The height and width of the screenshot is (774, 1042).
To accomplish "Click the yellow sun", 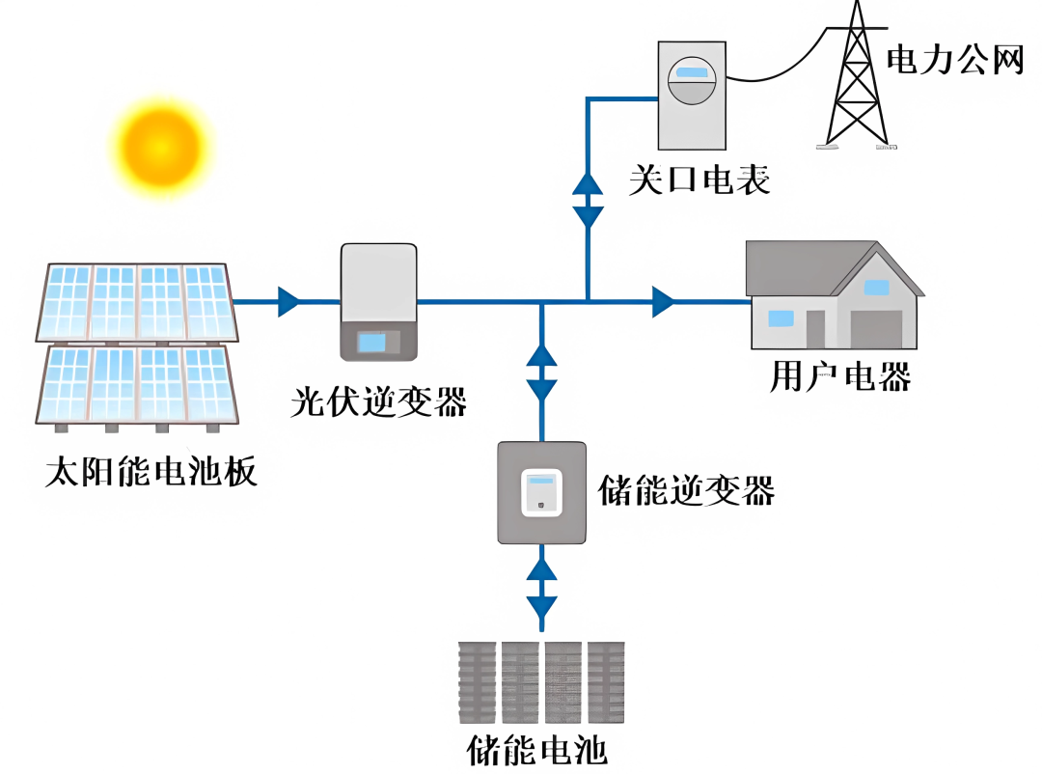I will tap(160, 148).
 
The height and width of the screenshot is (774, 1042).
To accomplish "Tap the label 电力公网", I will tap(954, 61).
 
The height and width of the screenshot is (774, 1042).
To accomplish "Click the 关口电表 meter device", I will tap(692, 95).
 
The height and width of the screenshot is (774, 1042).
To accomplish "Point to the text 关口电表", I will tap(699, 180).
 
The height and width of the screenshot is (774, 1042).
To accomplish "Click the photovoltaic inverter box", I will tap(379, 301).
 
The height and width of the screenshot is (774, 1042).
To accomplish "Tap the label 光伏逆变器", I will tap(378, 401).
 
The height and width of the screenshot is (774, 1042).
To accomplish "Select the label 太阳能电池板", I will tap(151, 474).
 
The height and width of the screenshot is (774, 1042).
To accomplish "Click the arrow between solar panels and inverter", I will tap(288, 301).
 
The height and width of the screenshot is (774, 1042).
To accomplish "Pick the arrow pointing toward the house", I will tap(663, 301).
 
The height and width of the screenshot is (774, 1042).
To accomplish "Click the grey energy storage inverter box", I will tap(541, 491).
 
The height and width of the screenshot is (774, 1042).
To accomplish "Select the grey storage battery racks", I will tap(541, 682).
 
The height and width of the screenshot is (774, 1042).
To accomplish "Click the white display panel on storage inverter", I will tap(541, 492).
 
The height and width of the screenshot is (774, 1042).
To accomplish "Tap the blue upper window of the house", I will tap(876, 287).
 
